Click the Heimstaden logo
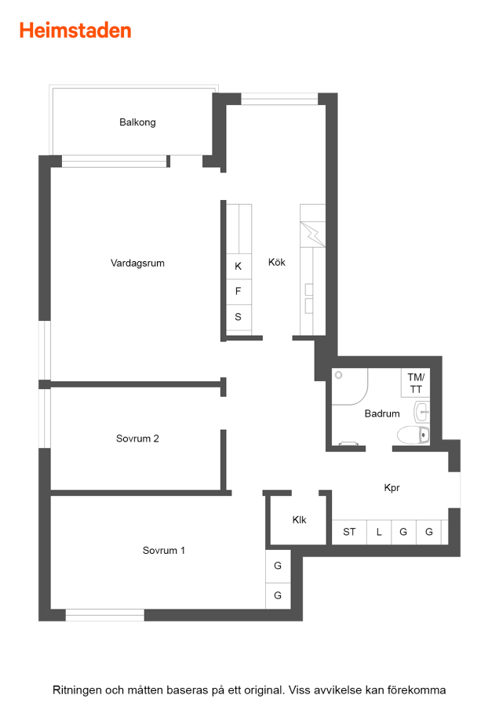pyautogui.click(x=75, y=31)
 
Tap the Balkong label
pyautogui.click(x=137, y=122)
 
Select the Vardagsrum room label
pyautogui.click(x=137, y=263)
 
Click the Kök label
pyautogui.click(x=276, y=262)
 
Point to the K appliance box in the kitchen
pyautogui.click(x=239, y=267)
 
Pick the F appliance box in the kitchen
pyautogui.click(x=239, y=292)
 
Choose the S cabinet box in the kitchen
pyautogui.click(x=239, y=318)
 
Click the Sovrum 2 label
pyautogui.click(x=137, y=439)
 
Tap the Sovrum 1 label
pyautogui.click(x=163, y=550)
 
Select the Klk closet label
pyautogui.click(x=299, y=519)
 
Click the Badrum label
pyautogui.click(x=382, y=413)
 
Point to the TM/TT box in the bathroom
pyautogui.click(x=415, y=383)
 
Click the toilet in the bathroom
pyautogui.click(x=413, y=435)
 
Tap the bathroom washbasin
pyautogui.click(x=422, y=412)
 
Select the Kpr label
pyautogui.click(x=392, y=488)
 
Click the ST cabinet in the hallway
pyautogui.click(x=349, y=532)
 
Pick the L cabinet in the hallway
pyautogui.click(x=379, y=532)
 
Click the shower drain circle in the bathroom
pyautogui.click(x=339, y=375)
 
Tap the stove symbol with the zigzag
pyautogui.click(x=312, y=234)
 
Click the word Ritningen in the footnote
pyautogui.click(x=77, y=690)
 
